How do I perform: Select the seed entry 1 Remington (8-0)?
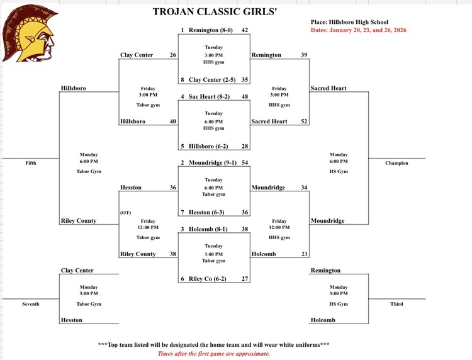click(x=208, y=30)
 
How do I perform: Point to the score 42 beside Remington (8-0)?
click(x=245, y=30)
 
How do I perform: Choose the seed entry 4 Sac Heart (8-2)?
click(x=208, y=96)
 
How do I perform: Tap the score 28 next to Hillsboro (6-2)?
click(x=245, y=146)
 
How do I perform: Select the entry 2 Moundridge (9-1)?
click(x=209, y=162)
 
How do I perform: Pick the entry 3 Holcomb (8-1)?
click(x=207, y=228)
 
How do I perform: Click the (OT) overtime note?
click(x=126, y=212)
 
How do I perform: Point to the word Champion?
click(x=396, y=163)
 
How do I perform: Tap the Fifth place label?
click(x=30, y=163)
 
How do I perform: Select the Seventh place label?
click(x=30, y=304)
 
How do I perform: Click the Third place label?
click(x=396, y=304)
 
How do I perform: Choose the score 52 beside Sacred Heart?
click(x=304, y=121)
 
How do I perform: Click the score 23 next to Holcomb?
click(x=304, y=254)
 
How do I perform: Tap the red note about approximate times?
click(x=214, y=354)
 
